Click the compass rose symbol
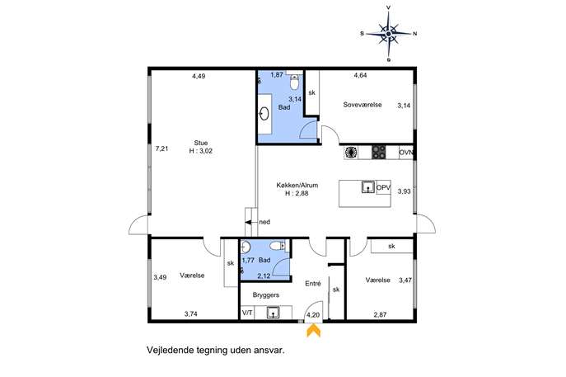click(388, 34)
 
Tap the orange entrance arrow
click(313, 331)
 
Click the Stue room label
click(201, 143)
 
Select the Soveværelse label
click(363, 105)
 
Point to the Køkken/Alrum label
click(297, 186)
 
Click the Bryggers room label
click(266, 295)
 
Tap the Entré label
click(313, 284)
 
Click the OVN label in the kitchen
click(406, 153)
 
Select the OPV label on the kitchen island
click(383, 188)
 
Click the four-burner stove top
click(379, 152)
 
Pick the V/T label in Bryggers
click(247, 313)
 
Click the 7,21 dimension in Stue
click(161, 148)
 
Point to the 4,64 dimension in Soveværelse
click(360, 76)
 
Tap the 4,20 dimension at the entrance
click(313, 315)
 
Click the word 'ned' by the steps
click(264, 222)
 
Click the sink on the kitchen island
click(368, 187)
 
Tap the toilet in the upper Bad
click(295, 82)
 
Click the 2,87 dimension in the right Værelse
click(380, 314)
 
